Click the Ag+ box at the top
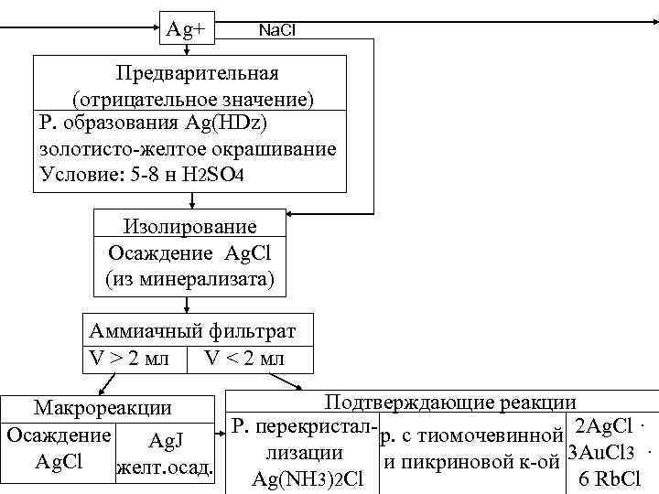click(x=186, y=29)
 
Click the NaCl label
click(x=277, y=31)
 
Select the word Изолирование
click(x=190, y=226)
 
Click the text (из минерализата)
click(x=190, y=278)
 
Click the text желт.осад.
click(x=166, y=470)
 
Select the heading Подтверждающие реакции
click(x=450, y=403)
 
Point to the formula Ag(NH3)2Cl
click(x=308, y=478)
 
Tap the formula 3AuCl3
click(x=603, y=453)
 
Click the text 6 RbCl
click(x=610, y=478)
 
